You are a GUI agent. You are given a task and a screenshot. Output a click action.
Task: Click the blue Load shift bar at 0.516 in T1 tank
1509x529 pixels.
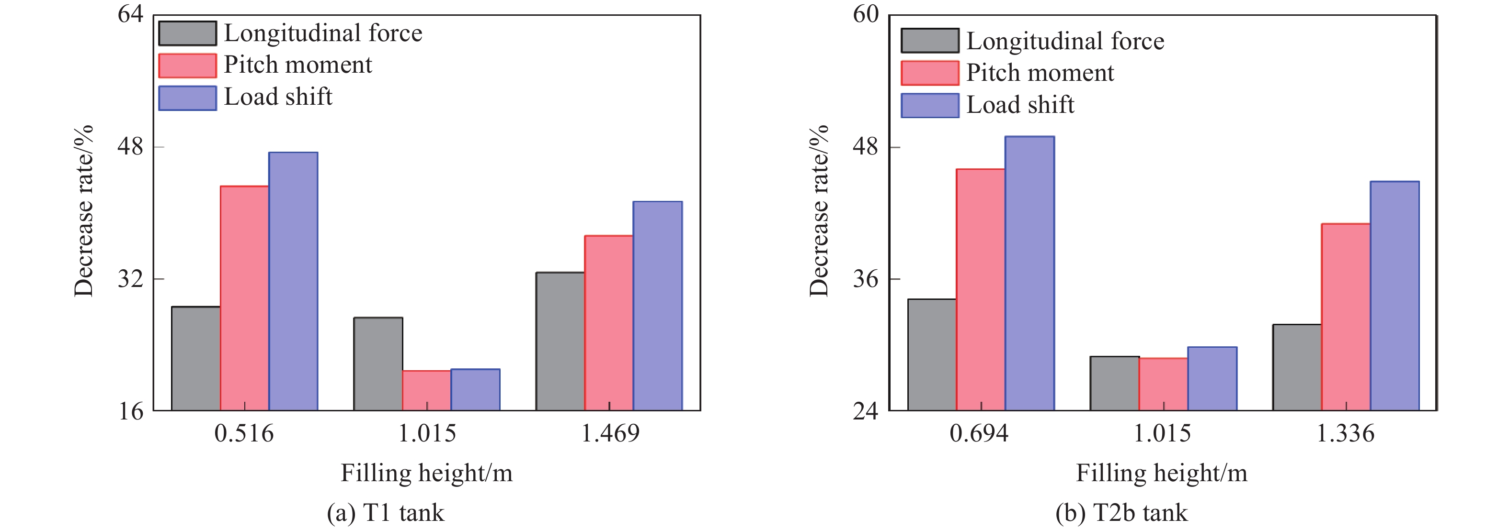click(293, 281)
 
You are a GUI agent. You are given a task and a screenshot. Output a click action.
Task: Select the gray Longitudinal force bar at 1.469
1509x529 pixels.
click(560, 341)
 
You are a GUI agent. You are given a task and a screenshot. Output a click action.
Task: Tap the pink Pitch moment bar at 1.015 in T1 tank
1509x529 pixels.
click(426, 390)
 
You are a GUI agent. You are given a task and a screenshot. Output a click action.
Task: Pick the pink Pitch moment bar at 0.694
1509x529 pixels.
click(980, 290)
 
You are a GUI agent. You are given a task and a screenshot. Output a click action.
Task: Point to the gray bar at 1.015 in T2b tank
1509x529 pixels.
click(1114, 383)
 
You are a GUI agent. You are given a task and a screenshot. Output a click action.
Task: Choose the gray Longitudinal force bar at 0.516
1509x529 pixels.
click(195, 358)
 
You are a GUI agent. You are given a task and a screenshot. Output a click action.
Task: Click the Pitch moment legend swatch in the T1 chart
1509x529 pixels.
click(187, 66)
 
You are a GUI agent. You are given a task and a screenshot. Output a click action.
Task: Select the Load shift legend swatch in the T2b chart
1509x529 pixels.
click(930, 105)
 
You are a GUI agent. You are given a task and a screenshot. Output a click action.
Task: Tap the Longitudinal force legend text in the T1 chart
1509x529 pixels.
click(323, 33)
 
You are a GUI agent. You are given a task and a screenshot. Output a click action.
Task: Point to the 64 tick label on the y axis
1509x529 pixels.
click(130, 14)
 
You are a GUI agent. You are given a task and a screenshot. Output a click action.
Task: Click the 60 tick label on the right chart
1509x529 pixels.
click(866, 14)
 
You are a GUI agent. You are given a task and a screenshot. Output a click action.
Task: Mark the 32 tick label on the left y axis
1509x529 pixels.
click(130, 278)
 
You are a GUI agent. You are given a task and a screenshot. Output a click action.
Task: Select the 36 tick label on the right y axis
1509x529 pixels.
click(866, 278)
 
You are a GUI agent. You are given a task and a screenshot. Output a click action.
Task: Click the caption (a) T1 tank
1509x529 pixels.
click(386, 513)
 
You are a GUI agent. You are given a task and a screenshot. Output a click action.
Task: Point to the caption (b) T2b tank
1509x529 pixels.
click(1121, 513)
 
